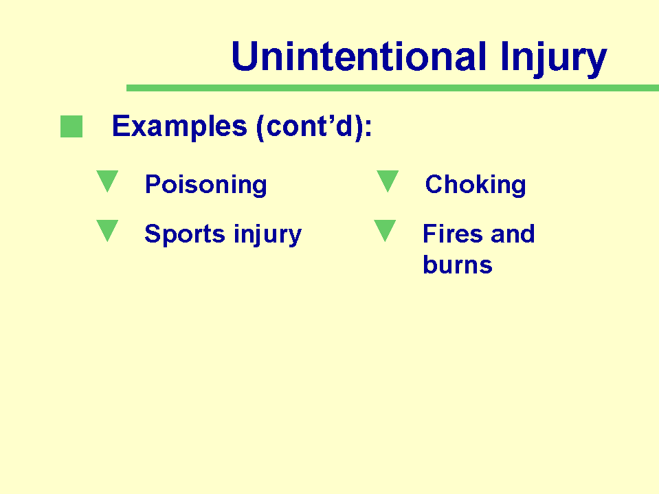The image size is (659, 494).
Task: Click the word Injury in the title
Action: (553, 59)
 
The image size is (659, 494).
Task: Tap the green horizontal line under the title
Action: (392, 88)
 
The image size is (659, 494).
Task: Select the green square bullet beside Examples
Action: (71, 126)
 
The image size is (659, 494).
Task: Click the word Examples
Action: (179, 126)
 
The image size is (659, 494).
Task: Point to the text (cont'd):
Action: (314, 126)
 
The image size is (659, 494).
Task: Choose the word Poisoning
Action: (206, 185)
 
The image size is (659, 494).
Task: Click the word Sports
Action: (185, 234)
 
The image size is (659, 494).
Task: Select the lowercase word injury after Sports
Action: (268, 234)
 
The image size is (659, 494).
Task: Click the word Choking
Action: (476, 185)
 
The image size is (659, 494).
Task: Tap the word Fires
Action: (453, 234)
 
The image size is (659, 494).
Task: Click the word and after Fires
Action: (513, 234)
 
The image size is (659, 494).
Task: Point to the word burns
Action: (458, 265)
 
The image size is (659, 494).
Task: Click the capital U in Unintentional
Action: (245, 56)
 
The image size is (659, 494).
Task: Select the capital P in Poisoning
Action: (153, 184)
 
